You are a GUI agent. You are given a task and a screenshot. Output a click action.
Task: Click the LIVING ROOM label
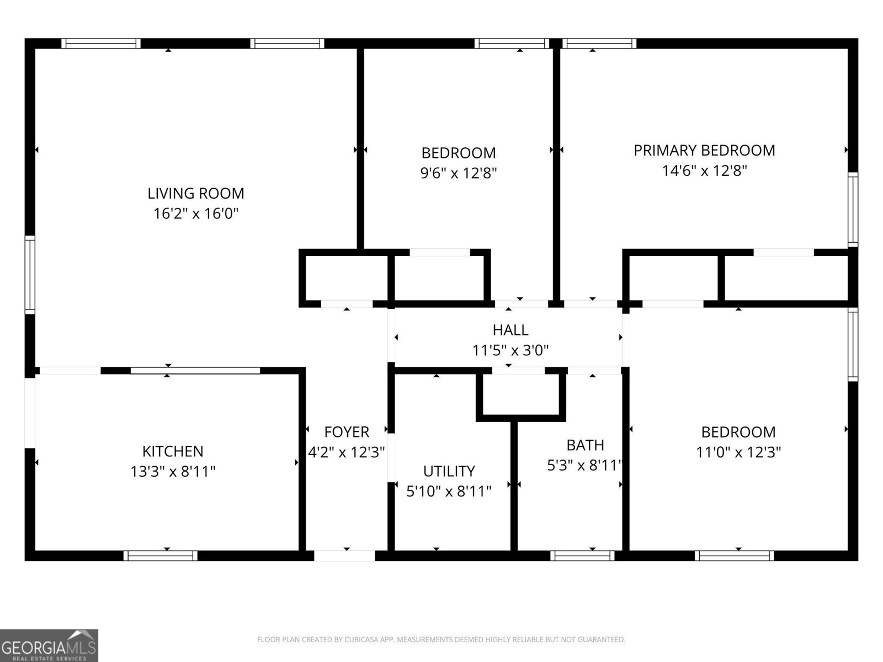pyautogui.click(x=195, y=193)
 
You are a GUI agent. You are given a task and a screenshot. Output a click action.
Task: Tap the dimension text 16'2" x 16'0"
pyautogui.click(x=195, y=213)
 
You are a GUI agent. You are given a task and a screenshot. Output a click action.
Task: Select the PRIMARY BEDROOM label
pyautogui.click(x=704, y=150)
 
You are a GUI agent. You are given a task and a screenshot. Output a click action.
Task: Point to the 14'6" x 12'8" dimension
pyautogui.click(x=704, y=170)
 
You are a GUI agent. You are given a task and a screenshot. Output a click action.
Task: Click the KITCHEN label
pyautogui.click(x=173, y=451)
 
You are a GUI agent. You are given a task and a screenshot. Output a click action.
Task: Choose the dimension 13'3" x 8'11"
pyautogui.click(x=173, y=472)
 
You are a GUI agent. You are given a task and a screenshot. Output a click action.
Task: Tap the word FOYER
pyautogui.click(x=347, y=431)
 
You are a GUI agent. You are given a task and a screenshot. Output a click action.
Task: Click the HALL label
pyautogui.click(x=510, y=330)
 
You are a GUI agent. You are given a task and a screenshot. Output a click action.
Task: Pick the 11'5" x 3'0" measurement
pyautogui.click(x=510, y=350)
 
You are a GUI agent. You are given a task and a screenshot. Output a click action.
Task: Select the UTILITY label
pyautogui.click(x=449, y=471)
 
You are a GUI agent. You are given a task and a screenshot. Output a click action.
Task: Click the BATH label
pyautogui.click(x=585, y=445)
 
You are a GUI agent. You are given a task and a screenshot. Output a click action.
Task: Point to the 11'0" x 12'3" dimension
pyautogui.click(x=738, y=452)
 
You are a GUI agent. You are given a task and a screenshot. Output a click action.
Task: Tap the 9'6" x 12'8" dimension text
pyautogui.click(x=459, y=173)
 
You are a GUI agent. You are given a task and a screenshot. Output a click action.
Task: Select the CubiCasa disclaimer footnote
pyautogui.click(x=441, y=640)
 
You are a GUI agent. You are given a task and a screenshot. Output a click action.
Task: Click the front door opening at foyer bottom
pyautogui.click(x=345, y=556)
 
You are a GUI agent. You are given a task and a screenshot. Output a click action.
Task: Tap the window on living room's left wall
pyautogui.click(x=30, y=274)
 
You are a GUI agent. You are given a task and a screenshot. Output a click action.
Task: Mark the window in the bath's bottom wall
pyautogui.click(x=582, y=556)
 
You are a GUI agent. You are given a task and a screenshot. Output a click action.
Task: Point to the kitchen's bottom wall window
pyautogui.click(x=160, y=556)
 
